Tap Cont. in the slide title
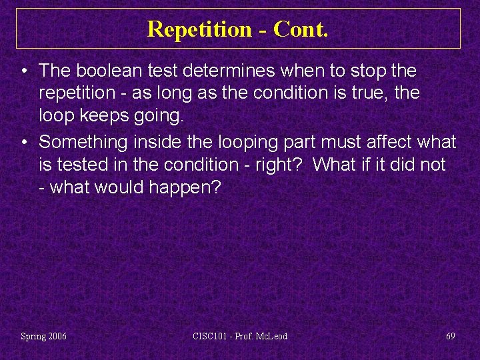[301, 29]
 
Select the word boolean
[106, 70]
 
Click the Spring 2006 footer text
[43, 336]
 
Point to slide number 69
[451, 336]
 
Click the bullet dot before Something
[23, 142]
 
